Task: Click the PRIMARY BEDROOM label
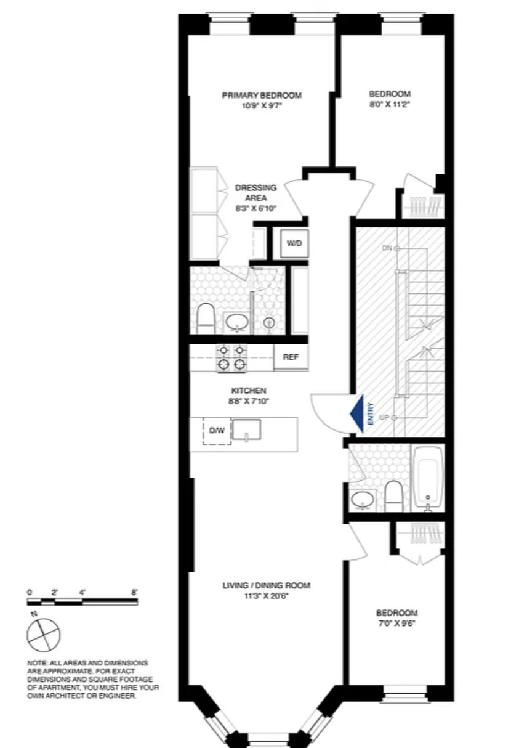click(x=262, y=95)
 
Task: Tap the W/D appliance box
click(x=294, y=243)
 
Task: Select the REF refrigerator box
click(x=291, y=357)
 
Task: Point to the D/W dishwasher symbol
click(x=217, y=430)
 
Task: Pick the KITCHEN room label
click(x=248, y=391)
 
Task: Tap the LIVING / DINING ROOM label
click(x=266, y=585)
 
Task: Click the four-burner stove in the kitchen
click(x=231, y=357)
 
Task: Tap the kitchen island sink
click(x=246, y=429)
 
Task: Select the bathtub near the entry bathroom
click(x=428, y=477)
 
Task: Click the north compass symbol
click(x=43, y=632)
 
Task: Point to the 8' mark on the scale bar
click(x=134, y=592)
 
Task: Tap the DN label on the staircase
click(x=387, y=248)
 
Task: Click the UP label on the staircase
click(x=385, y=418)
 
